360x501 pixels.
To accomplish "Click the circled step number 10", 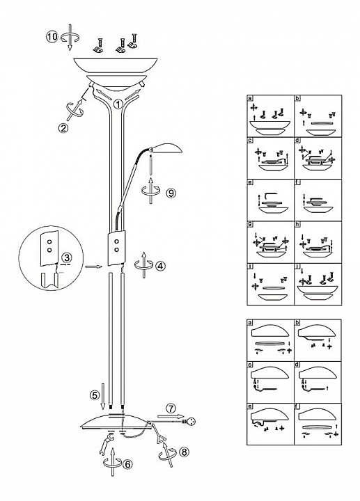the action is (52, 37).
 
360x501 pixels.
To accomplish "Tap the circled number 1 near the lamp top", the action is (118, 104).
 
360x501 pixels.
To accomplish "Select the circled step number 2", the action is (63, 128).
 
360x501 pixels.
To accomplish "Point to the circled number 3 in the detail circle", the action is (65, 257).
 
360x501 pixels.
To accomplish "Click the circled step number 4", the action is (160, 265).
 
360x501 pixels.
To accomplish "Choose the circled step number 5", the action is (95, 395).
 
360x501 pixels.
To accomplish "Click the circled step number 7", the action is (171, 408).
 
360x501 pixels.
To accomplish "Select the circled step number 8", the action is (184, 452).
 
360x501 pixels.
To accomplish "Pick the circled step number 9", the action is (171, 193).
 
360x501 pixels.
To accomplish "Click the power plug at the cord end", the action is (189, 422).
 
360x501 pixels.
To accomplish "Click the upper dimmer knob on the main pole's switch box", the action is (117, 241).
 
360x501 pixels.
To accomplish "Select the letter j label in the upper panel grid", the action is (297, 267).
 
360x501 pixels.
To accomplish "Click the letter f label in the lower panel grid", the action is (297, 406).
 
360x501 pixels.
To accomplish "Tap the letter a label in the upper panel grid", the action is (250, 98).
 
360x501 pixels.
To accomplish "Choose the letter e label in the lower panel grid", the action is (250, 406).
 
